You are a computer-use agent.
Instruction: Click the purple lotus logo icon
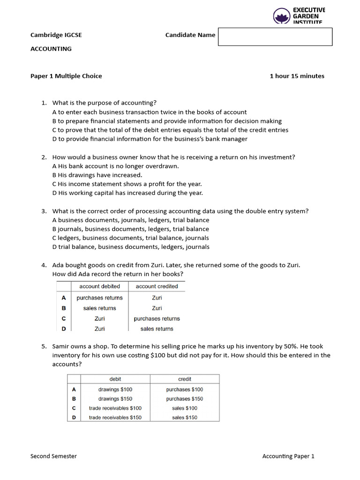(x=282, y=16)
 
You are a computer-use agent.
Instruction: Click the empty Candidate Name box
(x=275, y=37)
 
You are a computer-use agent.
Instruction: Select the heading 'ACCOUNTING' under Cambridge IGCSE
(x=51, y=49)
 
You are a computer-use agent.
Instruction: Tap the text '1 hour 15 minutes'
(x=297, y=76)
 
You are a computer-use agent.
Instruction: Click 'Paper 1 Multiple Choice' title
(x=66, y=76)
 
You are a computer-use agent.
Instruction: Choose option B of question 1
(x=167, y=121)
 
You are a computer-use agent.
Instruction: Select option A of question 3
(x=131, y=220)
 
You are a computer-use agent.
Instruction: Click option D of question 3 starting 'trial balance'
(x=131, y=247)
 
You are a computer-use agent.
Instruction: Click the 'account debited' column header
(x=99, y=286)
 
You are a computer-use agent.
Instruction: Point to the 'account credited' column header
(x=157, y=286)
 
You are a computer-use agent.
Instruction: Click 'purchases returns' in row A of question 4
(x=99, y=298)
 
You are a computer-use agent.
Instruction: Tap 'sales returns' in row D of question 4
(x=157, y=329)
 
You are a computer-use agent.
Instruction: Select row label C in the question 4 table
(x=64, y=318)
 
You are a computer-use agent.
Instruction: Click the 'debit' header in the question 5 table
(x=115, y=379)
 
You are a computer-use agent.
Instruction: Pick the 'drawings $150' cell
(x=115, y=399)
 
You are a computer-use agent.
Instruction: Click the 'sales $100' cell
(x=185, y=408)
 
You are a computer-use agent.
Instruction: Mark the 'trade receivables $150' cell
(x=115, y=418)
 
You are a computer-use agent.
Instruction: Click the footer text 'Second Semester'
(x=53, y=456)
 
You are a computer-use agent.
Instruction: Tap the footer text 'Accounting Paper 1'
(x=288, y=456)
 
